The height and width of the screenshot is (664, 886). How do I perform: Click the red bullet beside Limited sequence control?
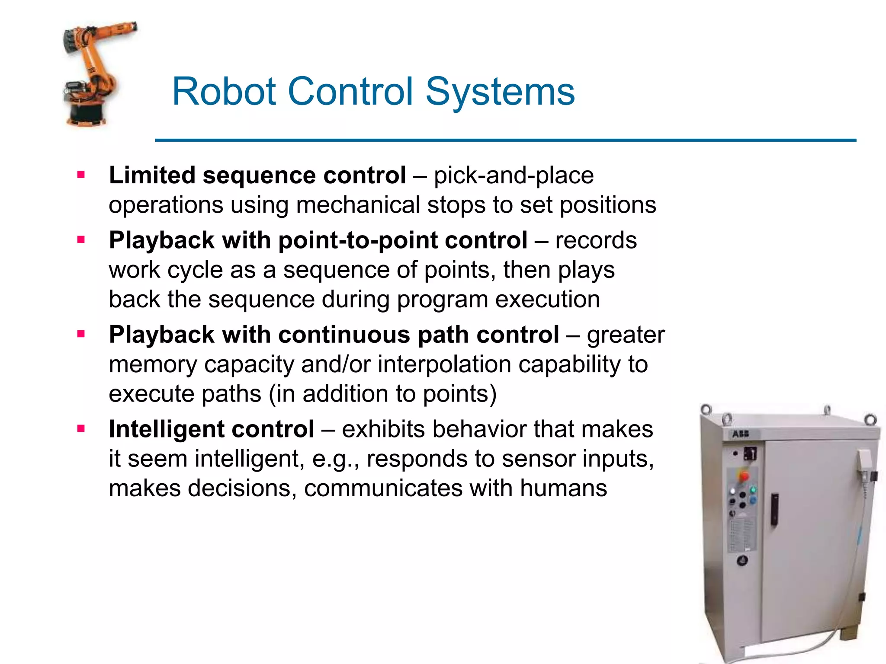tap(81, 175)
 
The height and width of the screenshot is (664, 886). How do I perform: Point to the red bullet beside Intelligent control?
tap(81, 429)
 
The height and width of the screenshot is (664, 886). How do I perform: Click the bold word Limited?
tap(152, 175)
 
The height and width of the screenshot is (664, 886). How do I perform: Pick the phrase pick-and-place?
tap(514, 175)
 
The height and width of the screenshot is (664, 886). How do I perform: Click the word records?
tap(596, 240)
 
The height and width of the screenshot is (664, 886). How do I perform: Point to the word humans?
tap(563, 488)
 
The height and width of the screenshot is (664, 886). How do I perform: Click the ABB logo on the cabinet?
tap(740, 434)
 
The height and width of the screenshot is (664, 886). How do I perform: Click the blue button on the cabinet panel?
tap(753, 500)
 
